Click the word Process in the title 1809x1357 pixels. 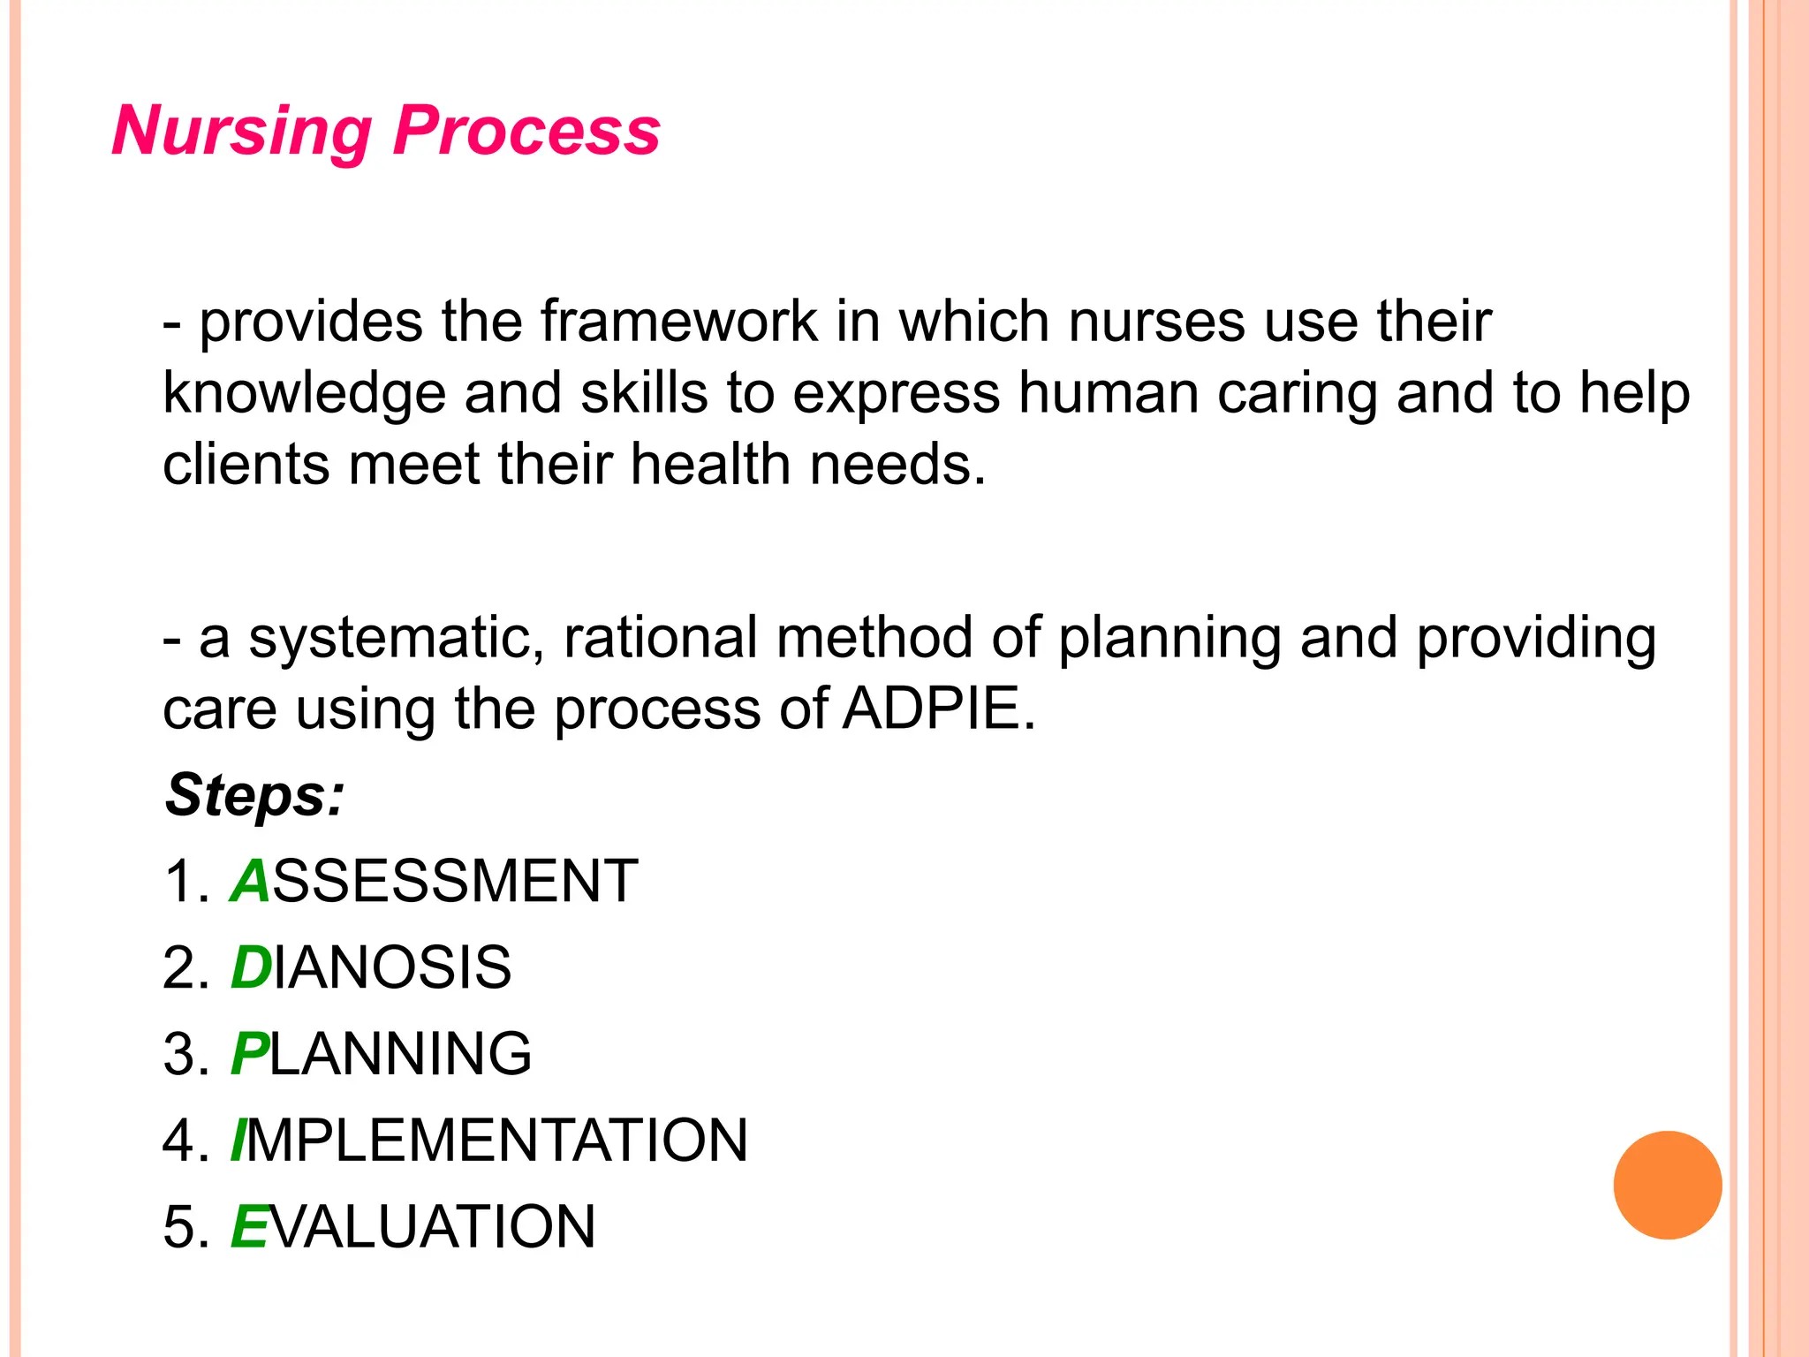pos(526,131)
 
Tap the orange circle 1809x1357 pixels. pos(1667,1185)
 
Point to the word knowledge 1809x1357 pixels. pos(304,394)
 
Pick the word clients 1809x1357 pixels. pos(246,465)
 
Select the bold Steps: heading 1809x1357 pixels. pos(254,795)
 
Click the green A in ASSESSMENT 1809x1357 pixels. pos(250,882)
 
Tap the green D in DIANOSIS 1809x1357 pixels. pos(251,968)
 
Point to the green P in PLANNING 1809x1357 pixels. pos(248,1054)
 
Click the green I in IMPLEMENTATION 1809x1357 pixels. pos(237,1141)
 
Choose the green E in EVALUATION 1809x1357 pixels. pos(248,1227)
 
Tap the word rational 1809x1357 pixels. pos(660,639)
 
